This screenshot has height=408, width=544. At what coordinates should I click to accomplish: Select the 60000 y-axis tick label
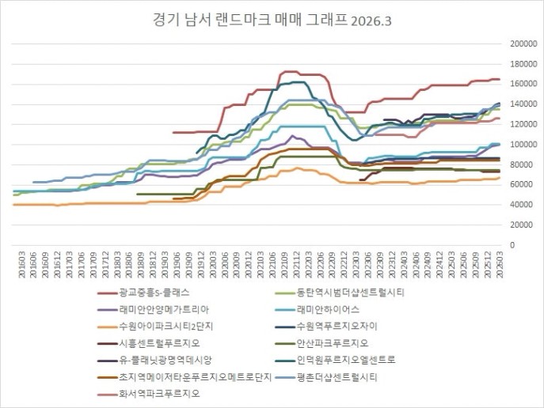523,185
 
